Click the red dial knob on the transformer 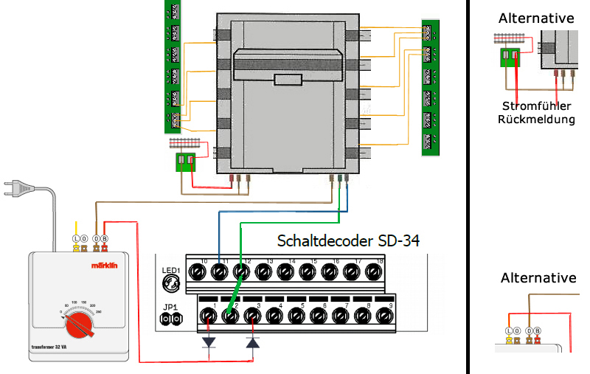(x=77, y=326)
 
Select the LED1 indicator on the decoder (x=171, y=283)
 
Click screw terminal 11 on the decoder (x=219, y=272)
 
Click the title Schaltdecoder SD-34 (x=348, y=240)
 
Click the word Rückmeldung (x=536, y=120)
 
